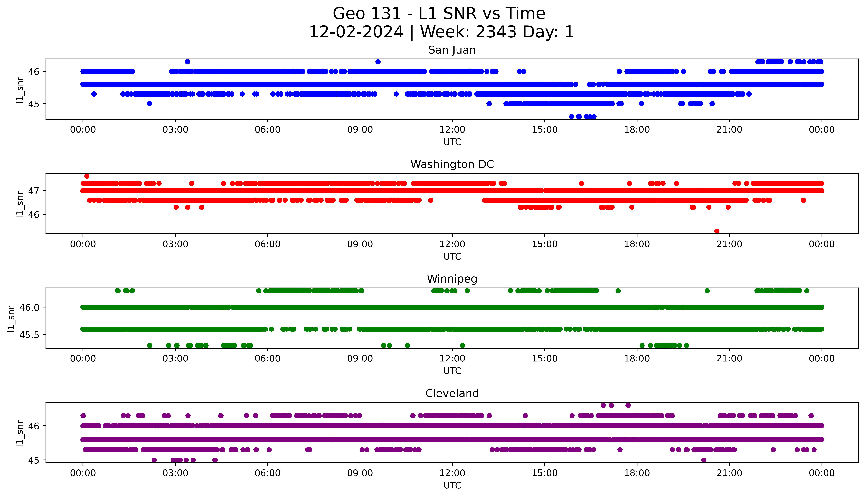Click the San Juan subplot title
click(x=452, y=50)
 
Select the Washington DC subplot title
click(x=452, y=165)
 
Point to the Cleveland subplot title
click(x=452, y=394)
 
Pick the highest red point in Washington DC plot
click(x=87, y=176)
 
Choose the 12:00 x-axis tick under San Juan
click(x=452, y=130)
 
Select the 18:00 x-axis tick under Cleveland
click(x=637, y=473)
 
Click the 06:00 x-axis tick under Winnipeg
click(x=268, y=359)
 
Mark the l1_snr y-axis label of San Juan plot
click(x=20, y=90)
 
